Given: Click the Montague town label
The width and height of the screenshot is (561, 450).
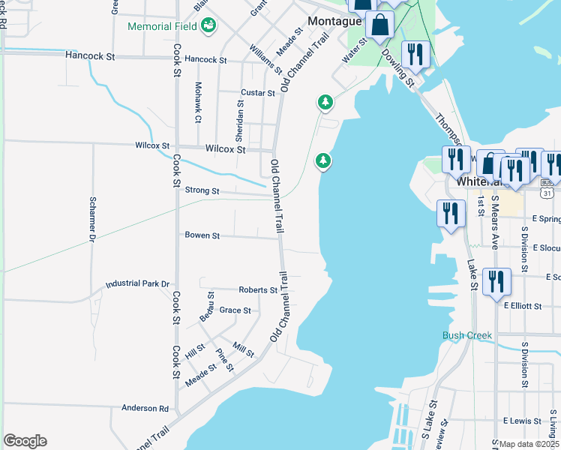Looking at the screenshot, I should pos(333,22).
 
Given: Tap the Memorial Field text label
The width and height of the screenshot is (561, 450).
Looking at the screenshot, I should pos(163,26).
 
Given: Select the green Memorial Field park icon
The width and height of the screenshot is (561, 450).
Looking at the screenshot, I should pos(209,26).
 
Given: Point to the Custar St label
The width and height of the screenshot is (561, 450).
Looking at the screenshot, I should pos(258,93).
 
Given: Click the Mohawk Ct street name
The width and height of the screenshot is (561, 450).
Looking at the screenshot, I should pos(198,103).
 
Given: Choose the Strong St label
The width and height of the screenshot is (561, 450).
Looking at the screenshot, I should pos(202,191).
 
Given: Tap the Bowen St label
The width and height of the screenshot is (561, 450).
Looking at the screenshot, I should pos(202,235).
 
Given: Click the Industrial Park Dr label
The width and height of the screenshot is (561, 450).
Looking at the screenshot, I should pos(138,284).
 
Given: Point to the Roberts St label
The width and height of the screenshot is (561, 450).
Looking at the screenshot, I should pos(258,289).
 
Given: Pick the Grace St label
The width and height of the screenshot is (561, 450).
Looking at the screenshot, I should pos(235,310).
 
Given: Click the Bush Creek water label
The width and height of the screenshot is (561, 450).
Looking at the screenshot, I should pos(467,335).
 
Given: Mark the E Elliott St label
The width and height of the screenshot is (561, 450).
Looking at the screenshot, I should pos(523,306).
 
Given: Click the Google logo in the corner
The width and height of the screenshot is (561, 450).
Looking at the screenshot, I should pos(25,441).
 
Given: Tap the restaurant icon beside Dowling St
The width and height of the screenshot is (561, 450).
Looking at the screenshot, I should pos(413,53).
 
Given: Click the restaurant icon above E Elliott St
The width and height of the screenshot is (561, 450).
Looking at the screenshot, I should pos(496,282).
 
